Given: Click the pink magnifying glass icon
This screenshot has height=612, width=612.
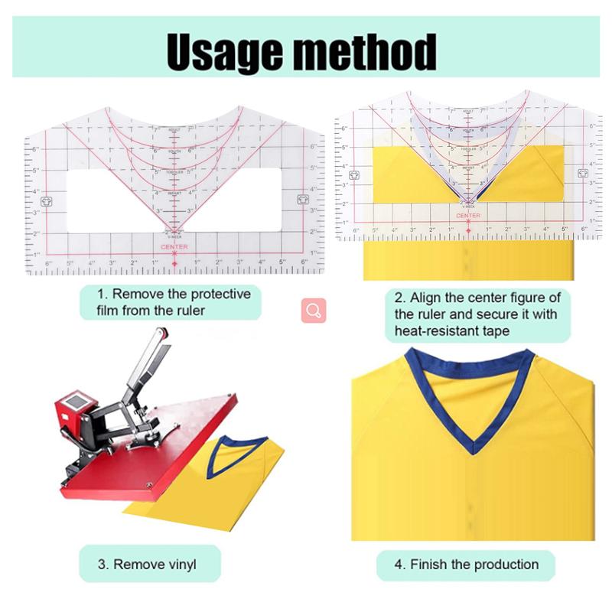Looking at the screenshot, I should click(x=314, y=311).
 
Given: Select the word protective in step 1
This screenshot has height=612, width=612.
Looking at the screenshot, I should click(x=211, y=294).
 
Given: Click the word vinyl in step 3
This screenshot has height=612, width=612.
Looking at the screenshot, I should click(x=181, y=565).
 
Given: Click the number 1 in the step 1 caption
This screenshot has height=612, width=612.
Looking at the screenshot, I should click(x=100, y=294).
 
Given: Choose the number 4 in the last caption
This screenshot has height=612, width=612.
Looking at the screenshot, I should click(x=399, y=565).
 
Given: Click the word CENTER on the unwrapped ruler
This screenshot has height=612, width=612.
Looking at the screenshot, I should click(x=174, y=246).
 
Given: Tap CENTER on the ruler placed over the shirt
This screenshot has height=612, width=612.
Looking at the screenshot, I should click(x=468, y=216).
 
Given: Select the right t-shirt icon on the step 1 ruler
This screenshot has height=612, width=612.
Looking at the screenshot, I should click(x=301, y=200).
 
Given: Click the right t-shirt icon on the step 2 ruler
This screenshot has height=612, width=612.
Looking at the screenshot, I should click(x=582, y=174).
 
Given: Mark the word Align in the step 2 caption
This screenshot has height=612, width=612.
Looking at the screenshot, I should click(x=425, y=298).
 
